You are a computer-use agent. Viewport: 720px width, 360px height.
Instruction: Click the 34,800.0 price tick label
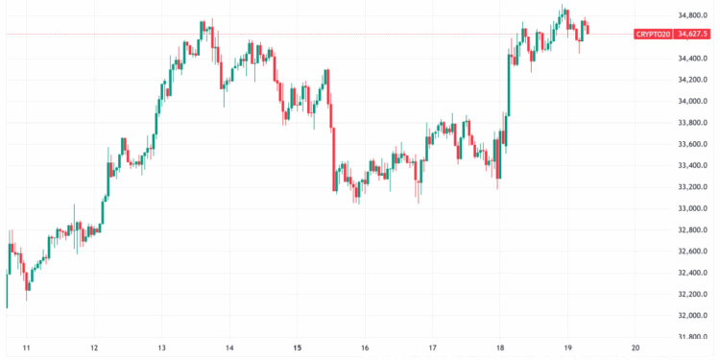click(x=693, y=15)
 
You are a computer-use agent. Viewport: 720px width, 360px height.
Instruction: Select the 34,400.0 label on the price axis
click(x=693, y=59)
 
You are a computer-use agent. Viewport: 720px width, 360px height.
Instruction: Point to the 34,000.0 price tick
click(x=693, y=101)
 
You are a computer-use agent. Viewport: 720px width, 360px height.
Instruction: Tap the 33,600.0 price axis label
click(x=693, y=144)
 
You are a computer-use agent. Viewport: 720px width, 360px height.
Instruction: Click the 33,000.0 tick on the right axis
click(x=693, y=208)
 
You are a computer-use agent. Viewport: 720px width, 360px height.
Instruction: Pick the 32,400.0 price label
click(x=693, y=273)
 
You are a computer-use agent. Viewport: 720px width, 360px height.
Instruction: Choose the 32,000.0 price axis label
click(x=693, y=316)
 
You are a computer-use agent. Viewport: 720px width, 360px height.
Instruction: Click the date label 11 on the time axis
click(x=27, y=348)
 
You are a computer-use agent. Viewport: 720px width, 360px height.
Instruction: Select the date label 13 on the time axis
click(x=162, y=348)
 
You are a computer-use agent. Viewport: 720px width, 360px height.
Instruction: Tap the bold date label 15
click(x=298, y=348)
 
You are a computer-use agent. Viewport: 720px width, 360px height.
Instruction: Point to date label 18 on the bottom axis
click(x=500, y=348)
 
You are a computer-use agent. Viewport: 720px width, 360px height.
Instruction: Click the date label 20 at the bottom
click(x=636, y=348)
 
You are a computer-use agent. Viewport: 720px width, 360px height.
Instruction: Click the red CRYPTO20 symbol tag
click(x=652, y=34)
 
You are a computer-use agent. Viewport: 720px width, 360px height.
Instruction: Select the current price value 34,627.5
click(x=692, y=34)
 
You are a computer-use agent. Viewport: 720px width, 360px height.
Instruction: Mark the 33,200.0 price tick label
click(x=693, y=187)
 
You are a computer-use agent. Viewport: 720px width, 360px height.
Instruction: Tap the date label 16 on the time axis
click(x=365, y=348)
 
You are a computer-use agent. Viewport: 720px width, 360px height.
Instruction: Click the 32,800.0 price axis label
click(x=693, y=230)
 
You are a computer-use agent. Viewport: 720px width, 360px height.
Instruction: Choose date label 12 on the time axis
click(x=94, y=348)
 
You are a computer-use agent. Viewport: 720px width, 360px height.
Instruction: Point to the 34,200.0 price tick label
click(x=693, y=80)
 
